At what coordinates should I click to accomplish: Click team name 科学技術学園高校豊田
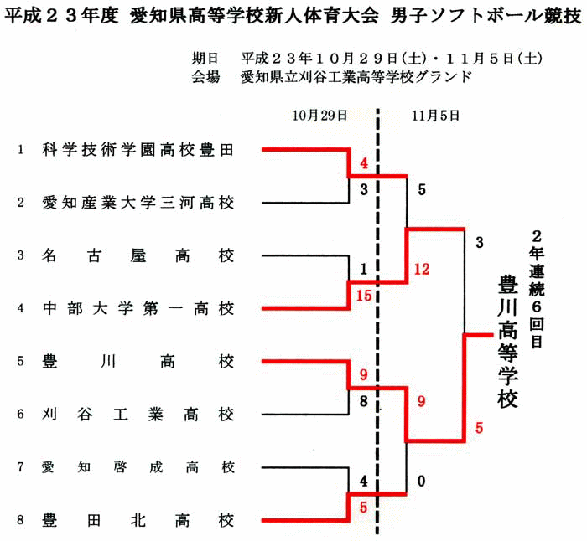tap(138, 150)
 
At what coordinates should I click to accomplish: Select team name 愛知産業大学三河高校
tap(138, 203)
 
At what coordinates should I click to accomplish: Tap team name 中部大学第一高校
tap(138, 309)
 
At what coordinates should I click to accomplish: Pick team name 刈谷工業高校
tap(138, 415)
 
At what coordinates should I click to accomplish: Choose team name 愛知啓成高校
tap(138, 467)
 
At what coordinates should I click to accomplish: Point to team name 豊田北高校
tap(138, 520)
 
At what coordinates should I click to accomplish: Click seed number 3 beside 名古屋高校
tap(21, 255)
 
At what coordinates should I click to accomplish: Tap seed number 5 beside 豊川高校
tap(21, 362)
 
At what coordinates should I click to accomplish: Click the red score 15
tap(363, 296)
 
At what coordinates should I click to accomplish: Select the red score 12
tap(422, 269)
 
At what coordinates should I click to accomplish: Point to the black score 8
tap(363, 401)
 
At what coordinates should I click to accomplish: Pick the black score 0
tap(422, 481)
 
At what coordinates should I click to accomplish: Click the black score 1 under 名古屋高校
tap(363, 269)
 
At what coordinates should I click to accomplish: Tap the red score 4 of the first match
tap(364, 163)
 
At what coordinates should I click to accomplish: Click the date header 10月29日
tap(319, 116)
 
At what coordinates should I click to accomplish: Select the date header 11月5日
tap(435, 116)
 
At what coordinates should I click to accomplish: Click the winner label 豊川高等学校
tap(507, 342)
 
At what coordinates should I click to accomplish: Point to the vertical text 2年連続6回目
tap(537, 289)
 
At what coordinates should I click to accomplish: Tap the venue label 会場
tap(205, 77)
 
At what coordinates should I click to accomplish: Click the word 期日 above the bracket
tap(205, 59)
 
